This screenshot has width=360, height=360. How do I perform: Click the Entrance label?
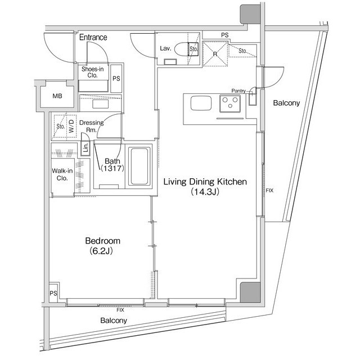coord(93,37)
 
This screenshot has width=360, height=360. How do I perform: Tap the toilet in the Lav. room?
coord(186,49)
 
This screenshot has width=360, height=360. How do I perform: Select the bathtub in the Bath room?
coord(139,166)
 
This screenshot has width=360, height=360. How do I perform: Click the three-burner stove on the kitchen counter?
coord(230,103)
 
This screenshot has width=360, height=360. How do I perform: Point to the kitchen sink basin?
coord(201,103)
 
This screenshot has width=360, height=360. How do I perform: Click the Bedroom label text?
coord(102,241)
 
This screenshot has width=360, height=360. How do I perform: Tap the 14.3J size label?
coord(205,192)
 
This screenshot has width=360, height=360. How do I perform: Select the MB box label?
coord(57,96)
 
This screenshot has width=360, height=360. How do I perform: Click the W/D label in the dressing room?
coord(71,126)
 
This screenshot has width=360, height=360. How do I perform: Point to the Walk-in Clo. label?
coord(62,174)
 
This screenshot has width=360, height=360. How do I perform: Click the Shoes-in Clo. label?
coord(92,72)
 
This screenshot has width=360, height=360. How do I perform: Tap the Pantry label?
coord(238,91)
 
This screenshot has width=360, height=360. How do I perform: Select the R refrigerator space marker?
coord(215,54)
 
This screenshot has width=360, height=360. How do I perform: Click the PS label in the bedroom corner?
coord(53,293)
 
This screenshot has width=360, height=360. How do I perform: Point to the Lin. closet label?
coord(85,147)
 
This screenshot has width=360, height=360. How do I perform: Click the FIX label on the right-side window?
coord(269,190)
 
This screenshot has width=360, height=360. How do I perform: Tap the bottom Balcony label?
coord(114,321)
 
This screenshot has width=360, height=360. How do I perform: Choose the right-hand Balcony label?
coord(286,103)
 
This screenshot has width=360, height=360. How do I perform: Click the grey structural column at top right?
coord(250,14)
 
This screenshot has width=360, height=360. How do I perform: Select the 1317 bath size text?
coord(112,169)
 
